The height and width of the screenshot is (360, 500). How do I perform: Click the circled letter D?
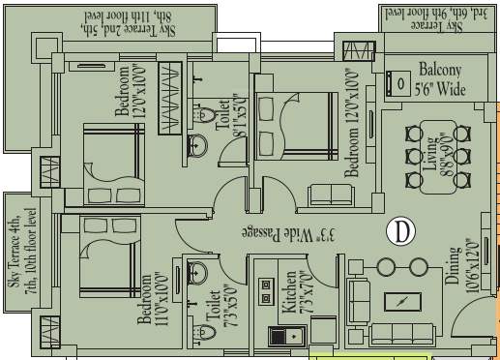coord(398,230)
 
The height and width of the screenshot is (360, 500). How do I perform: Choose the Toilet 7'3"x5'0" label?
coord(221,308)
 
